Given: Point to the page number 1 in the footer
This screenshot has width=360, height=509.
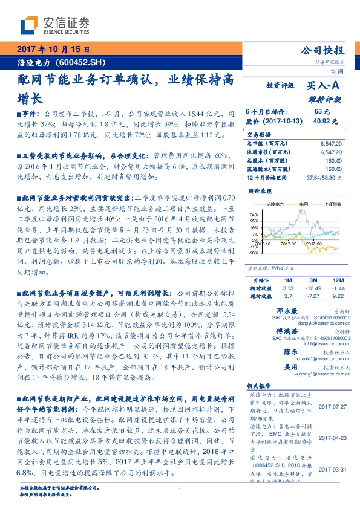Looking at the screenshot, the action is click(x=180, y=490).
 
